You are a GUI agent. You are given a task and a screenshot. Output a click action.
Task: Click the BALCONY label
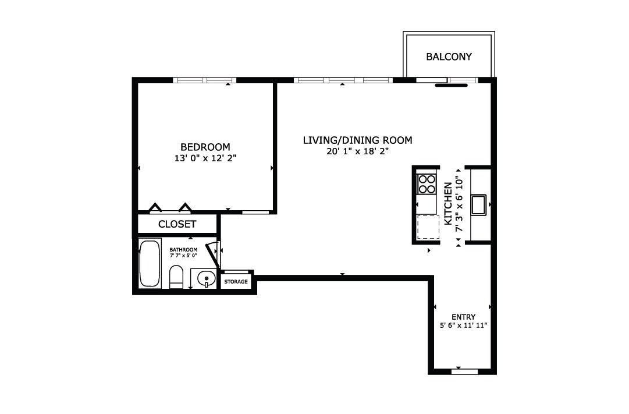(x=449, y=56)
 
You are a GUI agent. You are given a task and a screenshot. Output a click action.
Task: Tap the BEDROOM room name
(x=205, y=147)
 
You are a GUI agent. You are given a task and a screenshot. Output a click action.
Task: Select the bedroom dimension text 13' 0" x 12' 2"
(x=205, y=158)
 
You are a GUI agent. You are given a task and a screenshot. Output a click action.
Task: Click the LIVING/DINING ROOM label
(x=357, y=140)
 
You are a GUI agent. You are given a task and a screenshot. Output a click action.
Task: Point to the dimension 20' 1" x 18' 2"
(x=357, y=151)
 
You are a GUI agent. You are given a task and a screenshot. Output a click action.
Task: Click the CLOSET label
(x=177, y=224)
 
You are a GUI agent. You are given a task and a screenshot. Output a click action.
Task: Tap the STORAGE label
(x=236, y=281)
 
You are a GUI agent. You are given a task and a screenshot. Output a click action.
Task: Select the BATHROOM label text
(x=183, y=250)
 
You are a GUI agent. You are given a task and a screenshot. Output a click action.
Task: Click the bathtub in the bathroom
(x=150, y=263)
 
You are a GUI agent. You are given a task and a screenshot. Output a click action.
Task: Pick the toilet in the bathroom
(x=176, y=276)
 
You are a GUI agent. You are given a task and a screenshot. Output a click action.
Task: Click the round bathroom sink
(x=206, y=278)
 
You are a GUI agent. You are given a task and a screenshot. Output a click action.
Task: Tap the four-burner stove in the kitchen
(x=427, y=184)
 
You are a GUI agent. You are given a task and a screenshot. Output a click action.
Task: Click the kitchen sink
(x=478, y=205)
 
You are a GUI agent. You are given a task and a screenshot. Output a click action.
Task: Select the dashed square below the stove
(x=428, y=227)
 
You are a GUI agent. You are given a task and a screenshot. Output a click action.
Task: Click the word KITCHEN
(x=448, y=204)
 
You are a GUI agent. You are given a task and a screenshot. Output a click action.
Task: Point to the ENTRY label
(x=463, y=317)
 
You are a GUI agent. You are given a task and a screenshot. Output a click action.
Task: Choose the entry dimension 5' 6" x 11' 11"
(x=463, y=325)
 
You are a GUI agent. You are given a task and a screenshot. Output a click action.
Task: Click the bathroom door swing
(x=212, y=256)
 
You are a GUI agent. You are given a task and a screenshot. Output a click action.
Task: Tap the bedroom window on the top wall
(x=205, y=80)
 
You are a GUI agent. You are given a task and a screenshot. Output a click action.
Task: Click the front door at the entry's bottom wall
(x=464, y=372)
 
